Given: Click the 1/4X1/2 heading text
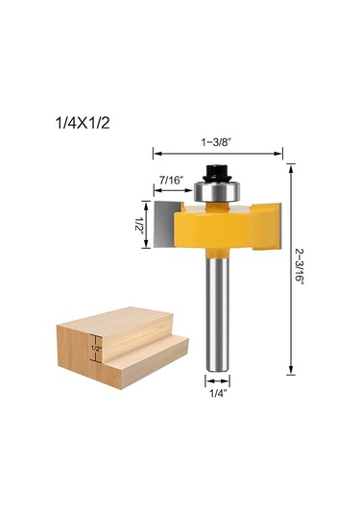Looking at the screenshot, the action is (83, 123).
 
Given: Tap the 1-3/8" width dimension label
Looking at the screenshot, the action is (216, 142).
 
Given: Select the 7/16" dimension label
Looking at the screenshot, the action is (172, 180).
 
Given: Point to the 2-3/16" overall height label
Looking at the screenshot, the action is (300, 268).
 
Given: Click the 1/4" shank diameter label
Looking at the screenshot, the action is (218, 394).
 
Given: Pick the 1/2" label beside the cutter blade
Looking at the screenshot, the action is (139, 224).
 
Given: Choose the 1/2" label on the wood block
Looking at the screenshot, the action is (96, 349).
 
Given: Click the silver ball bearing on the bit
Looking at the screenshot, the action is (217, 191).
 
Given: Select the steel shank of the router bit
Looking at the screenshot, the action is (218, 314).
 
